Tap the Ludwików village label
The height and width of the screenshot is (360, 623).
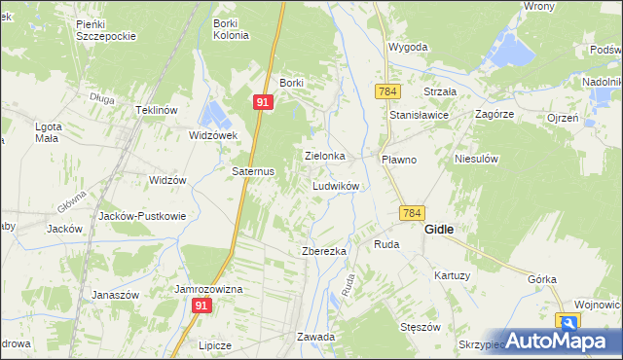337,186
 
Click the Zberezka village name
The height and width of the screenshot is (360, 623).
324,251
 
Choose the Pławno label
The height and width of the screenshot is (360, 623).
399,159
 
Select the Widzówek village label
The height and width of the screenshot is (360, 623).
214,135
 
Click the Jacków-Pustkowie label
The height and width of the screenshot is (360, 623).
136,216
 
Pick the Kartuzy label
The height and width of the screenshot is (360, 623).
453,276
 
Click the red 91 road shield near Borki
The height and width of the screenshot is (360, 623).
263,101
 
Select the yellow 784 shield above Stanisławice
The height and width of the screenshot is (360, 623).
386,90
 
